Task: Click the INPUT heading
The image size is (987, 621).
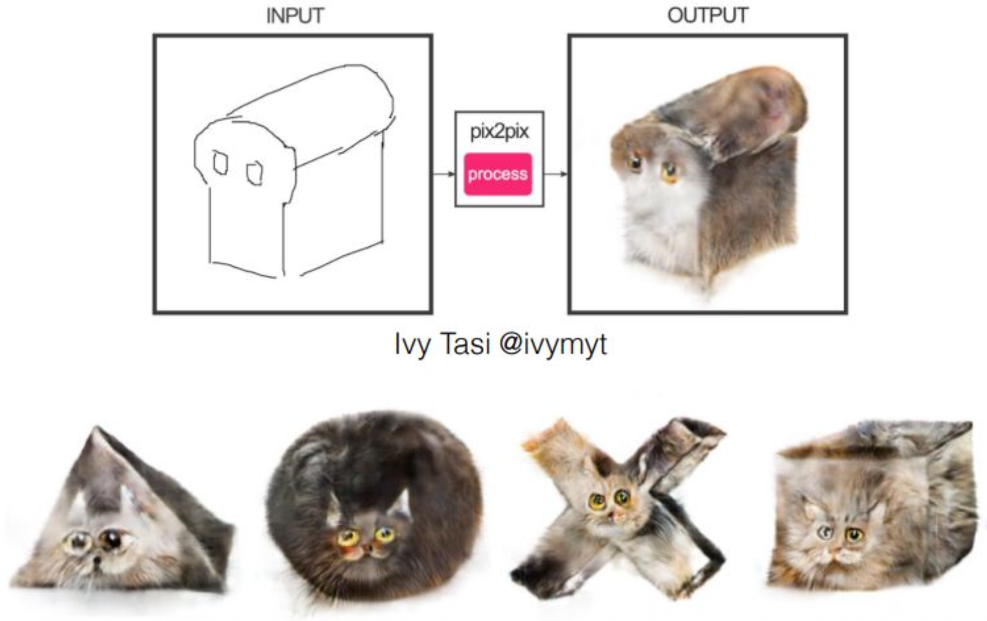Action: (295, 16)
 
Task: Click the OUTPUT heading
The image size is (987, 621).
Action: (708, 16)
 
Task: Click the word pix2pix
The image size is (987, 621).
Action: (499, 132)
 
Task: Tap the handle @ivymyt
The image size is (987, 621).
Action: (554, 345)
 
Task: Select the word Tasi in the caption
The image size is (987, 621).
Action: (465, 343)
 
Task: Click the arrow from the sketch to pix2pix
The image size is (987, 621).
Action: (443, 174)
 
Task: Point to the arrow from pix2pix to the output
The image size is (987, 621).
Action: (556, 174)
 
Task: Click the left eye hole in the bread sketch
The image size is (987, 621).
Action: (221, 162)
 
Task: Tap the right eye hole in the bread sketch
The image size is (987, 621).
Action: (255, 174)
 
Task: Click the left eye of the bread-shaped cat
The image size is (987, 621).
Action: (634, 163)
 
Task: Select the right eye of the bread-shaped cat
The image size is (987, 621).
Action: (670, 172)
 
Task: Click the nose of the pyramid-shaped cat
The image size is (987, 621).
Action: (96, 560)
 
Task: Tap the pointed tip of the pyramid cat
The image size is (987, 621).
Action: (97, 428)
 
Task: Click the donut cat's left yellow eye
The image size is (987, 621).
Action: (348, 538)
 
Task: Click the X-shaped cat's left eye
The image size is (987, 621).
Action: (597, 502)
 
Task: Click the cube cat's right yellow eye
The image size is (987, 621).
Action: (854, 535)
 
